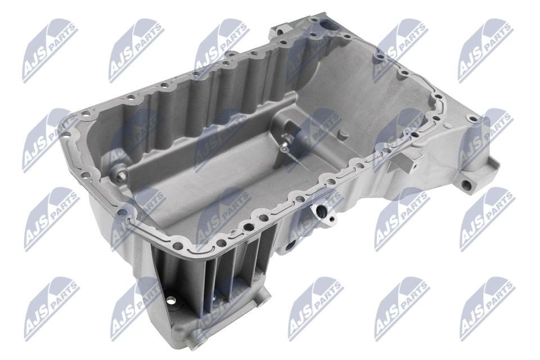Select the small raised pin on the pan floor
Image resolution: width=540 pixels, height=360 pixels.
point(341,134)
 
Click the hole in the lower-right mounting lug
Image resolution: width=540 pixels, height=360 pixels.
point(466,185)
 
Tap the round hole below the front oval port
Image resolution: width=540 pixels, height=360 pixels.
point(291,246)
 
